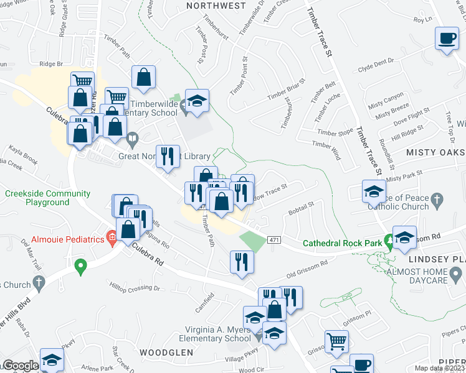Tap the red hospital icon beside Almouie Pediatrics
[x=111, y=236]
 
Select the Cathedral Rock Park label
[x=341, y=243]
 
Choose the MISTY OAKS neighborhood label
[x=434, y=152]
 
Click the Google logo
[x=20, y=366]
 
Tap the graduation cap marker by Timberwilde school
[x=197, y=101]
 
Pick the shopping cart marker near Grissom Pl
[x=336, y=340]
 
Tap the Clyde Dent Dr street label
[x=377, y=62]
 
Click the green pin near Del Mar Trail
[x=80, y=267]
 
